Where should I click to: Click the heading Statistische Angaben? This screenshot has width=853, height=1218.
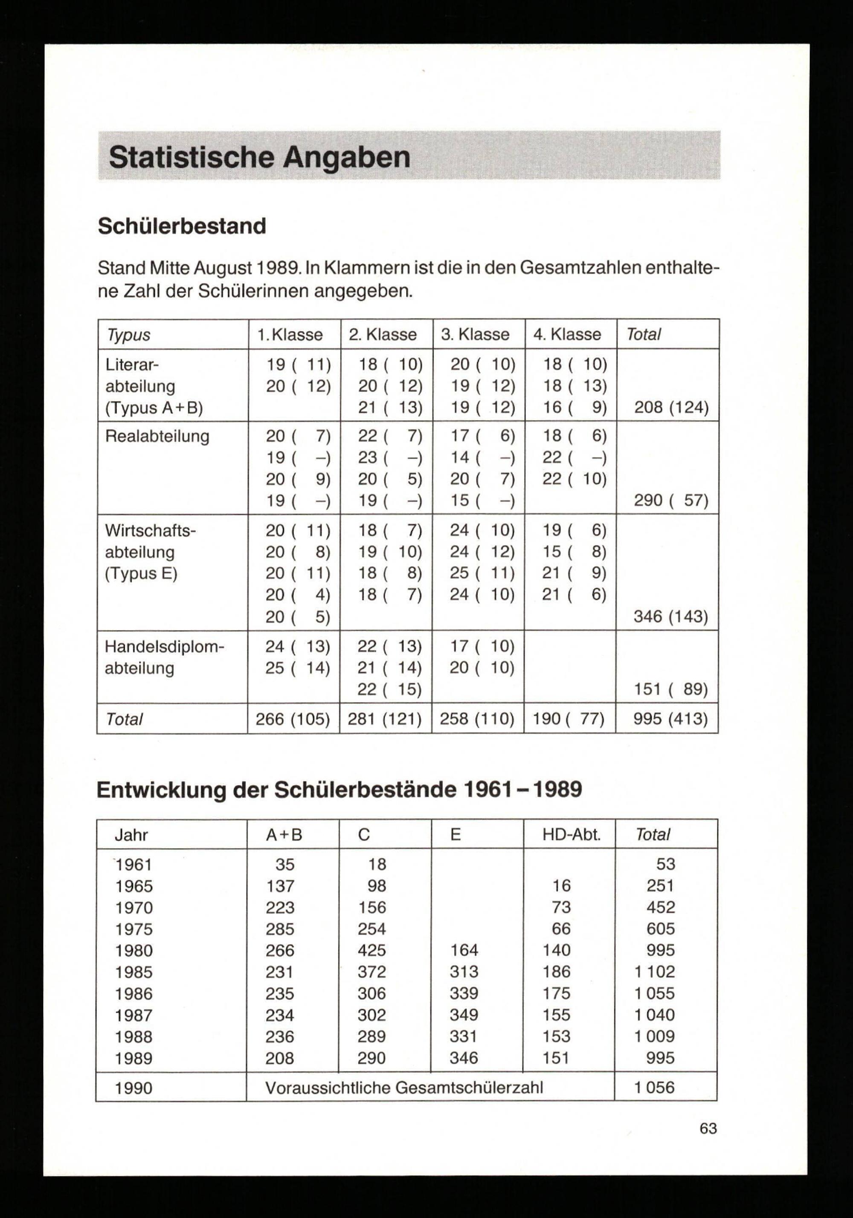(260, 158)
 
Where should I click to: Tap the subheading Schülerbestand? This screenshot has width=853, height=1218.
(182, 226)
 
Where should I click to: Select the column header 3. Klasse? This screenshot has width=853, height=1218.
(475, 335)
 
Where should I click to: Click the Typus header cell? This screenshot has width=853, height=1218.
(128, 335)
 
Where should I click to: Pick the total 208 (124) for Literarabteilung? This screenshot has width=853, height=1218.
(671, 408)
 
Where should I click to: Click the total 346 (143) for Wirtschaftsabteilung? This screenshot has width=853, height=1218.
(670, 616)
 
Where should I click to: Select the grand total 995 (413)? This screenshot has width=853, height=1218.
(670, 719)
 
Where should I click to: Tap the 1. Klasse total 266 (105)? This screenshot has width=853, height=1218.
(293, 719)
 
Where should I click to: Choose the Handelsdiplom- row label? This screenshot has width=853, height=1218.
(164, 647)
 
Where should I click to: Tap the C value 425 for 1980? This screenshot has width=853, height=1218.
(371, 950)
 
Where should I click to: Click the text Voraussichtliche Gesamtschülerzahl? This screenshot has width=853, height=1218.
(404, 1088)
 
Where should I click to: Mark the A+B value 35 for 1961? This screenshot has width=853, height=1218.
(284, 865)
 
